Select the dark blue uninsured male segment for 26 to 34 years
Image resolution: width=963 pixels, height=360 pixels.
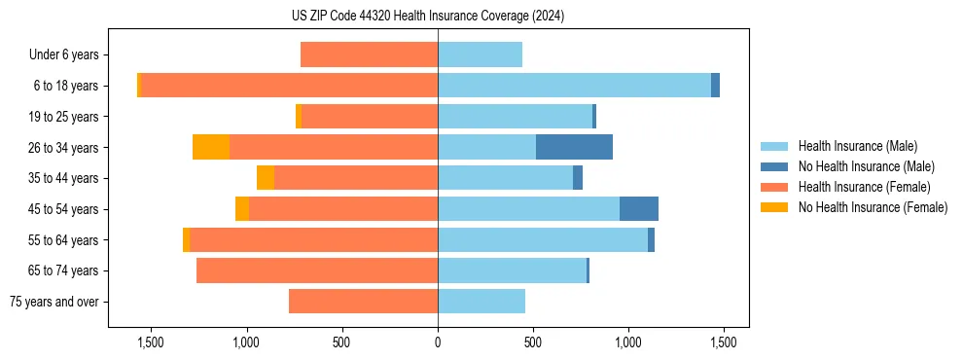574,147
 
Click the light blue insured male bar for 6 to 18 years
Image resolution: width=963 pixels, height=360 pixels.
574,86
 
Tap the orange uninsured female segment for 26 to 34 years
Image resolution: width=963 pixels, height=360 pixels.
211,147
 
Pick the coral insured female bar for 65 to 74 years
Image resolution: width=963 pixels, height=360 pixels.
317,270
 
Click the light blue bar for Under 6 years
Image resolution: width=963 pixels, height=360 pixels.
480,54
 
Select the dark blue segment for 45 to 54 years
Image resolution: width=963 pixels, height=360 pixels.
639,209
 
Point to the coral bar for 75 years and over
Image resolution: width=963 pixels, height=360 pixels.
363,302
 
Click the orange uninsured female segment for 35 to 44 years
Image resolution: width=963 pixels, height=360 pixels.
266,178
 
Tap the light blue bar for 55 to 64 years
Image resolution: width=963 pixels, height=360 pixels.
543,240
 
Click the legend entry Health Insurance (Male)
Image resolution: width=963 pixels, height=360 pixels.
857,146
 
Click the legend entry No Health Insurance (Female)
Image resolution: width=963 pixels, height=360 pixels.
873,207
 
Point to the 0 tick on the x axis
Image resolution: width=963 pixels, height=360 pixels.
438,342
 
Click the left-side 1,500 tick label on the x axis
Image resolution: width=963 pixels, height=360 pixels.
151,342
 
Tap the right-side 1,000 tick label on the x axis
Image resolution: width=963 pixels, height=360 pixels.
628,342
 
